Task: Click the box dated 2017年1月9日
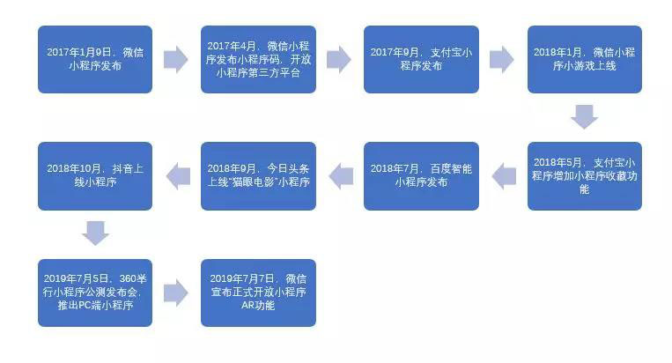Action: point(95,59)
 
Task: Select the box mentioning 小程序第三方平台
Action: point(258,59)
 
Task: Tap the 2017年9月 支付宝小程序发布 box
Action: point(421,59)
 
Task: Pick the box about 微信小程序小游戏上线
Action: point(585,59)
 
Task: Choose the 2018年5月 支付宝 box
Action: point(585,176)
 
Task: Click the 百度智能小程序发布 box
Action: point(421,176)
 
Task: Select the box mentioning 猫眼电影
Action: point(258,176)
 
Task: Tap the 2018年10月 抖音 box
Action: point(95,176)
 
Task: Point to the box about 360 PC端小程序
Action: point(95,293)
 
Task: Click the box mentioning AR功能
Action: point(258,293)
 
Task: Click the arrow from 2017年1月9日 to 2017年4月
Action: point(176,59)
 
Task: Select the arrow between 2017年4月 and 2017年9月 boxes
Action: point(339,59)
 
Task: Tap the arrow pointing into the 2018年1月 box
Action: point(502,59)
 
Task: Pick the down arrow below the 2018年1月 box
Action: point(585,116)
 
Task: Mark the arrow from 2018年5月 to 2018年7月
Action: point(504,176)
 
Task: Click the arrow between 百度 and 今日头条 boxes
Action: point(341,176)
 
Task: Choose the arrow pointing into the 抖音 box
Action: point(178,176)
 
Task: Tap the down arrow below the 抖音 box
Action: point(95,233)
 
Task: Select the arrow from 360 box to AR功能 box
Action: point(176,293)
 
